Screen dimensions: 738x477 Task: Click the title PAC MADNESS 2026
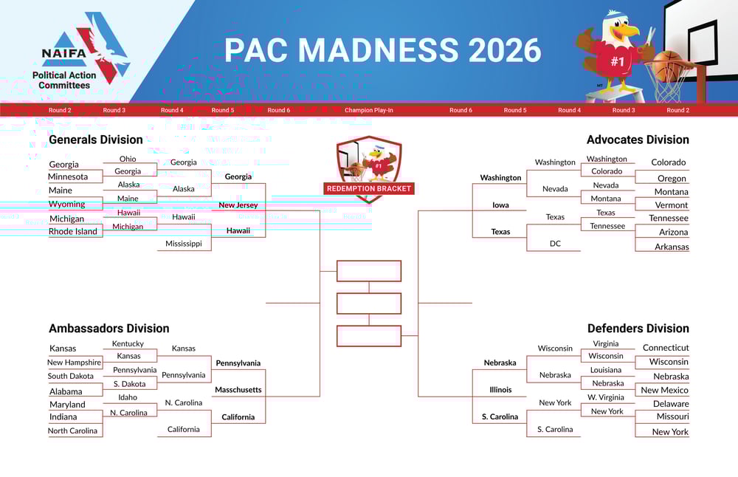pyautogui.click(x=382, y=49)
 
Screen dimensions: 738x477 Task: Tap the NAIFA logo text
pyautogui.click(x=64, y=53)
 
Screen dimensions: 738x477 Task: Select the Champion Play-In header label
pyautogui.click(x=368, y=110)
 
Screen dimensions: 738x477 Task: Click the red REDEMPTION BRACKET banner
pyautogui.click(x=369, y=188)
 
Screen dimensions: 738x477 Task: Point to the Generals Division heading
pyautogui.click(x=95, y=140)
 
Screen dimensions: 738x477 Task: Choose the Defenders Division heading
pyautogui.click(x=638, y=328)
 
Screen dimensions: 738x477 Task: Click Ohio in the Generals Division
pyautogui.click(x=128, y=159)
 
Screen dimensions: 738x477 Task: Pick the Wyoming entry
pyautogui.click(x=67, y=204)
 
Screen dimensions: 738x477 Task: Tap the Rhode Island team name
pyautogui.click(x=73, y=231)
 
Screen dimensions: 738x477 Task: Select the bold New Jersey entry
pyautogui.click(x=238, y=205)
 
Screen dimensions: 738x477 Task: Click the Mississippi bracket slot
pyautogui.click(x=184, y=244)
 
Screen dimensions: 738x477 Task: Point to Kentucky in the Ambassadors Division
pyautogui.click(x=128, y=344)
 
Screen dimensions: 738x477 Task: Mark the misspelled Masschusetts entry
pyautogui.click(x=238, y=389)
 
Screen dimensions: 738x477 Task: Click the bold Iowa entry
pyautogui.click(x=500, y=205)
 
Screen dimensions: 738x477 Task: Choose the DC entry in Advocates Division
pyautogui.click(x=556, y=244)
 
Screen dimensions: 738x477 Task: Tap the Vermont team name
pyautogui.click(x=672, y=205)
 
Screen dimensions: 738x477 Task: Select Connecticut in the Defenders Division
pyautogui.click(x=666, y=348)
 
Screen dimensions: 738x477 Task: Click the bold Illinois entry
pyautogui.click(x=500, y=389)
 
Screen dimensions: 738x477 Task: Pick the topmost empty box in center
pyautogui.click(x=369, y=271)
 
